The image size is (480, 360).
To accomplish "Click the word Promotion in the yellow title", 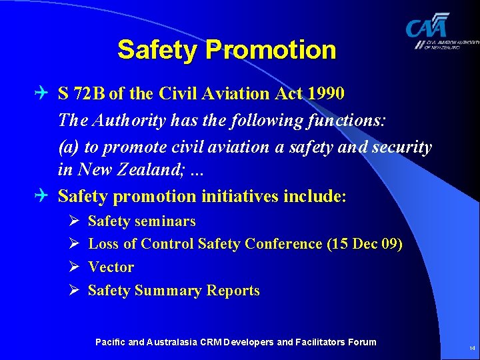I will point(271,50).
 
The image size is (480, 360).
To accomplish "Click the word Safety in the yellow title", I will point(158,50).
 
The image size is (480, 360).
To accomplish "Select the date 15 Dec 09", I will point(364,244).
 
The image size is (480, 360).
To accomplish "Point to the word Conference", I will point(283,244).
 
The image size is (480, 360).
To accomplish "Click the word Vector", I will point(111,267).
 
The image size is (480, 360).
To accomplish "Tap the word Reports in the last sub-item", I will point(233,291).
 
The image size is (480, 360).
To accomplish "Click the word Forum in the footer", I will point(361,342).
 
